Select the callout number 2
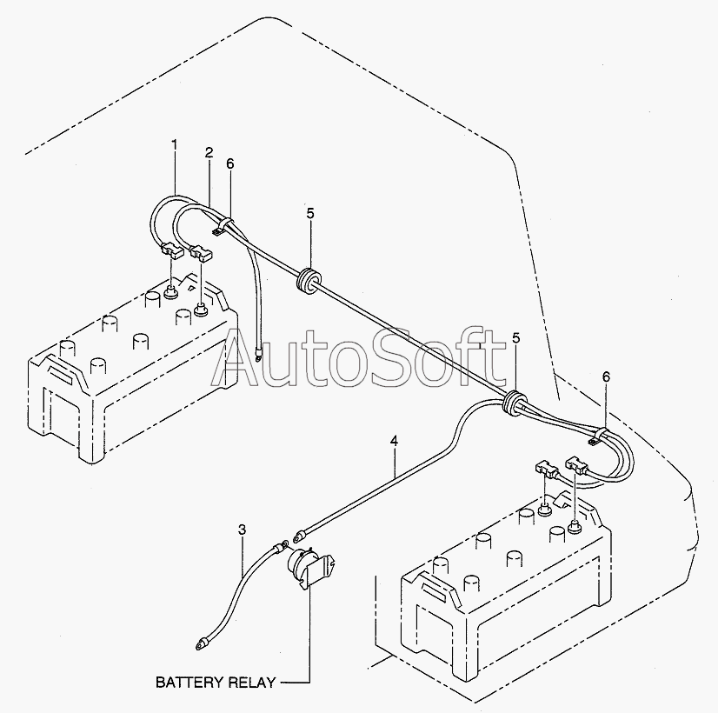click(209, 152)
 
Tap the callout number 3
click(243, 529)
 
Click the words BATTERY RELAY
click(216, 682)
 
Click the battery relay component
click(309, 570)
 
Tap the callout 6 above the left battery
click(230, 164)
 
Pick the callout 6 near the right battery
click(606, 376)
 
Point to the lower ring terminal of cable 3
click(202, 646)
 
